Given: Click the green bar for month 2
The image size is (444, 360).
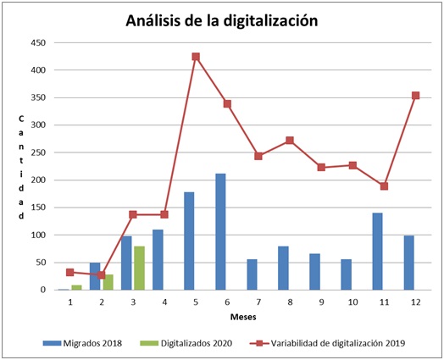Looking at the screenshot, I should [x=108, y=282].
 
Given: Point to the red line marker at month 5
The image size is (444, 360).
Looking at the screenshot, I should [x=196, y=57].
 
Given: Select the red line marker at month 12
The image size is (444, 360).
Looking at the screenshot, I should [x=415, y=96].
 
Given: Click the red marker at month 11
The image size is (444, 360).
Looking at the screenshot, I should [x=384, y=186].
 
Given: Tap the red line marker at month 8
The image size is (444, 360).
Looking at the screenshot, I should [x=290, y=141].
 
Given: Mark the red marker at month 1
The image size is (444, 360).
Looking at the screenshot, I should [x=70, y=272].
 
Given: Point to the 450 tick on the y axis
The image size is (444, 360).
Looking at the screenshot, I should [x=37, y=42].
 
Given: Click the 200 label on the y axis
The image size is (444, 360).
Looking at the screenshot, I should [x=37, y=180].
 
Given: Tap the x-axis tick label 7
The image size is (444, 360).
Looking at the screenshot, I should [x=258, y=301].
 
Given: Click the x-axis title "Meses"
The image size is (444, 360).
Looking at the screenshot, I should [x=243, y=317].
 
